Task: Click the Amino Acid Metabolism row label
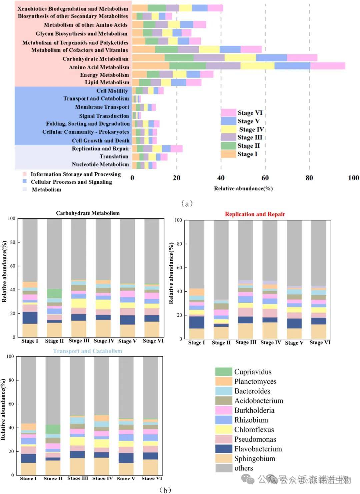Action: [x=99, y=67]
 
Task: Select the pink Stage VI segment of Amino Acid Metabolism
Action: [x=328, y=66]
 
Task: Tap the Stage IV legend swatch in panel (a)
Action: [x=228, y=129]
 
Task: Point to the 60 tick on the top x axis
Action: [x=265, y=178]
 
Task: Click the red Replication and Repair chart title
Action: [x=255, y=214]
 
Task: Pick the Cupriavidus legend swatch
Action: [x=223, y=372]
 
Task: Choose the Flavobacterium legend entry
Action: [x=258, y=449]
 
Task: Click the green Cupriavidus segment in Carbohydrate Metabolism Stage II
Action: [x=54, y=293]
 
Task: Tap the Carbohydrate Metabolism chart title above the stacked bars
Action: [x=88, y=213]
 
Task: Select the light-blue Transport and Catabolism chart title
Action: [x=88, y=351]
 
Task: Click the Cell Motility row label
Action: [x=112, y=91]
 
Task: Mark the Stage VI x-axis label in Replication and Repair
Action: [x=320, y=342]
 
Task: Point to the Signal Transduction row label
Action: [x=104, y=116]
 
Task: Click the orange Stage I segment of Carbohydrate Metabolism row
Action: [x=148, y=58]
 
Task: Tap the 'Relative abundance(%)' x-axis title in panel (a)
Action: [x=243, y=188]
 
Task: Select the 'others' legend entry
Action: [x=243, y=468]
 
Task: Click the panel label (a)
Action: [x=187, y=203]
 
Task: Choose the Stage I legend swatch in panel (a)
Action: [x=228, y=154]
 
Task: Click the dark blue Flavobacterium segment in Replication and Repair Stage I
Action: [x=197, y=322]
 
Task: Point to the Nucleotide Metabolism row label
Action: [x=100, y=164]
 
